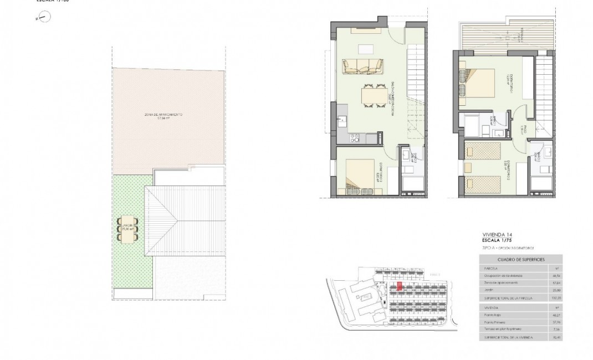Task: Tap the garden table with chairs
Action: [x=127, y=229]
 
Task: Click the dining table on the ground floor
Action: [x=372, y=95]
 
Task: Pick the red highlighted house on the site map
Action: [x=399, y=286]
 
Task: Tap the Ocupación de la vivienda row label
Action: [x=502, y=275]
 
